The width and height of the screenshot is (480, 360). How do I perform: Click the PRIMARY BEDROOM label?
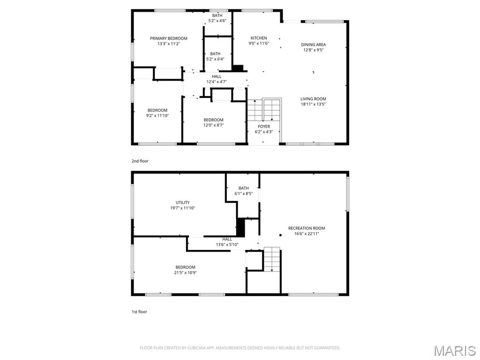coord(169,38)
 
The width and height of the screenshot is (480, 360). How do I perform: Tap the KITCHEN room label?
coord(259,38)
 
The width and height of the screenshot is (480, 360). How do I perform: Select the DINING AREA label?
coord(314,45)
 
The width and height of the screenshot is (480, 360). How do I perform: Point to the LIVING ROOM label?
coord(313,99)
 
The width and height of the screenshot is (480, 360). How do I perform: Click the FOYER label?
coord(264,127)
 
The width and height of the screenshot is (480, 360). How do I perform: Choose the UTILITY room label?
coord(183,202)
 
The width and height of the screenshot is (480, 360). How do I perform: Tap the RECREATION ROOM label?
coord(307,228)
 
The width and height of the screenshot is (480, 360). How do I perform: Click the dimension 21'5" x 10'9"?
coord(186,272)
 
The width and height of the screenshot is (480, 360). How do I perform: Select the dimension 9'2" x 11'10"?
coord(157,115)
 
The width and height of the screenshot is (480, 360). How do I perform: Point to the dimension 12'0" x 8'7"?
coord(213,125)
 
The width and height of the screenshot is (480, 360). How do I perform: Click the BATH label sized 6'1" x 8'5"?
coord(243,188)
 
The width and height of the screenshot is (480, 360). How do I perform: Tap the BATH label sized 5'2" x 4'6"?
coord(217,15)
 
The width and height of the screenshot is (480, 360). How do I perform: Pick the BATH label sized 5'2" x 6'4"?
coord(215,54)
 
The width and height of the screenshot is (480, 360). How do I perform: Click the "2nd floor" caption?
coord(140,161)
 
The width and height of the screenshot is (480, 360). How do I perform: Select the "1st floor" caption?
coord(139,312)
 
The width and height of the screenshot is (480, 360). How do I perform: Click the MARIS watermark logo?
coord(455,351)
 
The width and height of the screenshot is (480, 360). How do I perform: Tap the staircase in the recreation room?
coord(271,259)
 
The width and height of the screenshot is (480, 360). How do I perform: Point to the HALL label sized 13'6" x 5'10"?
coord(227,239)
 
